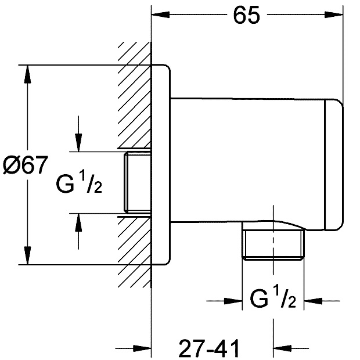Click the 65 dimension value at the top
[x=246, y=16]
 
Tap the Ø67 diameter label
[x=24, y=165]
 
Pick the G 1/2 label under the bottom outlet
[x=273, y=300]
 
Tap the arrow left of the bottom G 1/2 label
[x=235, y=300]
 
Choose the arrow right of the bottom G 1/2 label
[x=312, y=300]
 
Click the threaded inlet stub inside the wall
[x=136, y=182]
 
